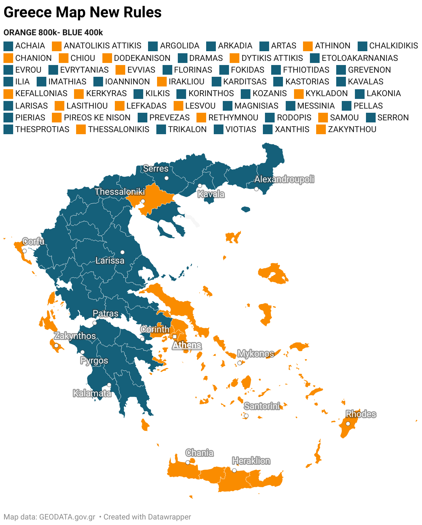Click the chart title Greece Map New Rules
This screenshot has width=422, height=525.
click(82, 12)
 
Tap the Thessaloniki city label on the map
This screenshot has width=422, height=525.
click(120, 192)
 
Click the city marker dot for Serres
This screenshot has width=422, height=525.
click(166, 178)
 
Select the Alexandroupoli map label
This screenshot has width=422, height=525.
click(284, 179)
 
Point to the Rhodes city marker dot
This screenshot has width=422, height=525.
click(348, 424)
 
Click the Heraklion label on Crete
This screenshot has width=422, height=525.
click(251, 461)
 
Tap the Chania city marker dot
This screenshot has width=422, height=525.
click(188, 462)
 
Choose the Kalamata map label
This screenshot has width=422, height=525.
click(92, 393)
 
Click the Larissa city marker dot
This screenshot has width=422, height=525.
click(122, 252)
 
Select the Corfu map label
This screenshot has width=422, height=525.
click(33, 241)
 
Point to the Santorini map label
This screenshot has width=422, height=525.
click(262, 406)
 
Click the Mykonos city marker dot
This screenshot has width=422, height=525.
click(239, 363)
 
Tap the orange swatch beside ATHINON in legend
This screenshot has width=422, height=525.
click(308, 46)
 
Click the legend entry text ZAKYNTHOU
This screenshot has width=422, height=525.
click(352, 129)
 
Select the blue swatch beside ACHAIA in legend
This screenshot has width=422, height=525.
click(8, 46)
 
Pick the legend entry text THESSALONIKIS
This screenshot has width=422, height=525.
click(118, 129)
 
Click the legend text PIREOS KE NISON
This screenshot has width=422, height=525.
click(97, 118)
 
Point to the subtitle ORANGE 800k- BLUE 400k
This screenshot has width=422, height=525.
click(53, 33)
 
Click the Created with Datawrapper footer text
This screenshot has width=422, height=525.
click(147, 517)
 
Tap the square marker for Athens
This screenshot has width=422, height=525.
click(175, 337)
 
